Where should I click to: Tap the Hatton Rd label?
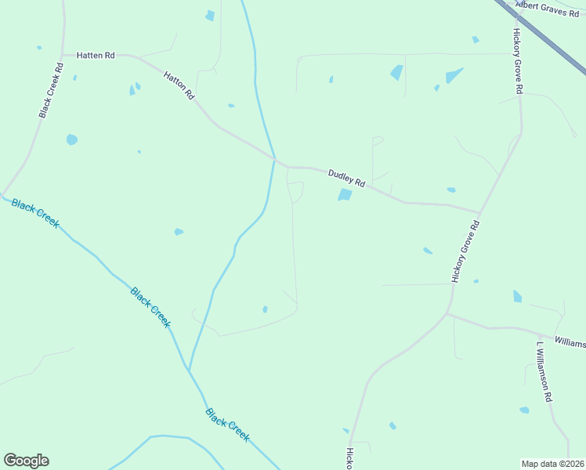[x=179, y=85]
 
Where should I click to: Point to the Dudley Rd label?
[x=346, y=178]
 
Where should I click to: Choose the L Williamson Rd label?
[x=544, y=371]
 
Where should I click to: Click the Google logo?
[x=26, y=461]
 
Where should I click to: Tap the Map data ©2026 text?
[x=552, y=464]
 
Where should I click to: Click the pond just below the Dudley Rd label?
[x=345, y=194]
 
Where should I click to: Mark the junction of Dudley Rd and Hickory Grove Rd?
[x=479, y=212]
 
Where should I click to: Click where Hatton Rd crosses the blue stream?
[x=274, y=160]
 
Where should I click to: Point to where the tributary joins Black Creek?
[x=189, y=370]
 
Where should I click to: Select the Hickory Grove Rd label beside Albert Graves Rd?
[x=517, y=62]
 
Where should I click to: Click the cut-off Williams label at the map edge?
[x=570, y=342]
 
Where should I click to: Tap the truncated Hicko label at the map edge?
[x=350, y=459]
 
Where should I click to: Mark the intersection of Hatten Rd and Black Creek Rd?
[x=60, y=56]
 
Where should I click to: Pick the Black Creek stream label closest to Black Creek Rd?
[x=35, y=212]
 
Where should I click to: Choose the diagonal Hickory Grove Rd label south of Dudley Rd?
[x=465, y=251]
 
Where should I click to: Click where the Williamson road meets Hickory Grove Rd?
[x=447, y=314]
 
